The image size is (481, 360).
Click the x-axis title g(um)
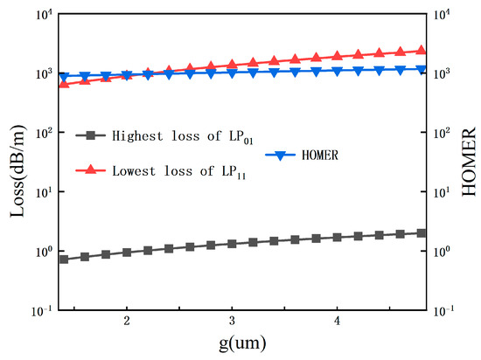pos(242,343)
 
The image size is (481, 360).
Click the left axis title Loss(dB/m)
pos(17,171)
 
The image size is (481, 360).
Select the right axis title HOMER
pos(469,162)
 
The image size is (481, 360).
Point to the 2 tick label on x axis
pos(127,321)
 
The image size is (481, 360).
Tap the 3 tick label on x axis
pos(232,321)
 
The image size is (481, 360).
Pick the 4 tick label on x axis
pos(337,321)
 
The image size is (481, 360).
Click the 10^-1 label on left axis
pos(42,311)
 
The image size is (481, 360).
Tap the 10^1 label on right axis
pos(442,192)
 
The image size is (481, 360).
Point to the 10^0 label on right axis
pos(442,252)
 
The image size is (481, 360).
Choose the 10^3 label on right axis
pos(442,73)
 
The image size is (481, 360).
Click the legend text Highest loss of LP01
pos(183,136)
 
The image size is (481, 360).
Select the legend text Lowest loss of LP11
pos(179,171)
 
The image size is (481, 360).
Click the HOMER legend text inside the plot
pos(320,155)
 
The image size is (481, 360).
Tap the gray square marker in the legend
pos(90,135)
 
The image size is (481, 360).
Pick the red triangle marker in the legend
pos(90,170)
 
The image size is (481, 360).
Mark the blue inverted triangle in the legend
pos(280,156)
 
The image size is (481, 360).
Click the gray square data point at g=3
pos(232,244)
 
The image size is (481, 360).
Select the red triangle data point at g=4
pos(337,55)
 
